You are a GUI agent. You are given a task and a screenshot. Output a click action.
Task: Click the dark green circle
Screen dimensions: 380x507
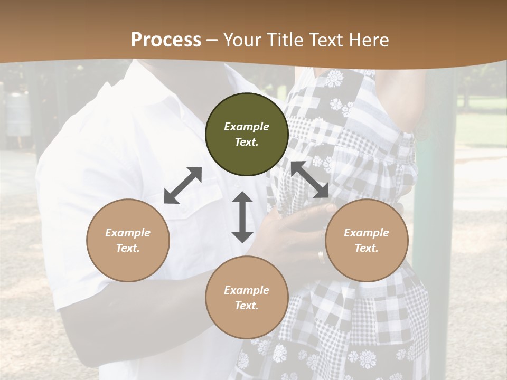tap(247, 135)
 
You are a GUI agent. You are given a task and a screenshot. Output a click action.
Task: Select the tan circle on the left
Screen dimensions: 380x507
tap(128, 240)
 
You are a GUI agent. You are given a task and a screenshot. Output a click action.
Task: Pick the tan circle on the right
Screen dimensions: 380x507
tap(367, 240)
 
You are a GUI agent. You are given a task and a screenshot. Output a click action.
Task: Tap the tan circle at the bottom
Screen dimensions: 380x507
tap(247, 297)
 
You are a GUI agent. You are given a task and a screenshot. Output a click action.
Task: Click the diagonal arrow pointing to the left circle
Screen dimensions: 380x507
tap(183, 185)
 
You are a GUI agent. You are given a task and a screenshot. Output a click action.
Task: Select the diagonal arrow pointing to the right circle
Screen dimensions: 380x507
tap(310, 179)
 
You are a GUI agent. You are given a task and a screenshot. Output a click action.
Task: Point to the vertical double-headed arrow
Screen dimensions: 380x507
tap(242, 217)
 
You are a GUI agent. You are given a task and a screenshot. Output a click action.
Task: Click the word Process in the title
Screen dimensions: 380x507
tap(166, 40)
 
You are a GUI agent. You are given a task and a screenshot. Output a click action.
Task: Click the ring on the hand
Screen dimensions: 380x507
tap(321, 257)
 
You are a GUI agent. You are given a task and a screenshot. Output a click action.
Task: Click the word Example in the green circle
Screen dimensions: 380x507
tap(247, 127)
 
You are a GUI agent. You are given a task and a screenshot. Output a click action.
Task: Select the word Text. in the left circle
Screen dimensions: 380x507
tap(128, 248)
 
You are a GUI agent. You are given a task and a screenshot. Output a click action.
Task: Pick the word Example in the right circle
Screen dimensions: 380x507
tap(367, 233)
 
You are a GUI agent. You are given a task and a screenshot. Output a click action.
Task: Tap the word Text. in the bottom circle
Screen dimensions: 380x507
tap(247, 306)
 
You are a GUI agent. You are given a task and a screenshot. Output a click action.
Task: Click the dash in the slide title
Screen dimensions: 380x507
tap(212, 40)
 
